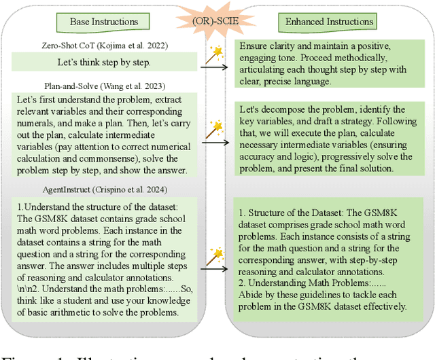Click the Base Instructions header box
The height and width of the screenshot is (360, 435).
click(105, 22)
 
